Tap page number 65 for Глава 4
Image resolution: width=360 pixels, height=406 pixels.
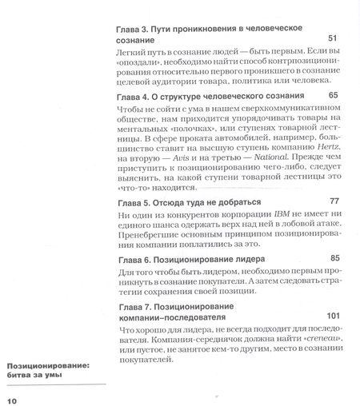(x=334, y=95)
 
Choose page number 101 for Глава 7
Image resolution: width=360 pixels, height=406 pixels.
(x=332, y=314)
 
